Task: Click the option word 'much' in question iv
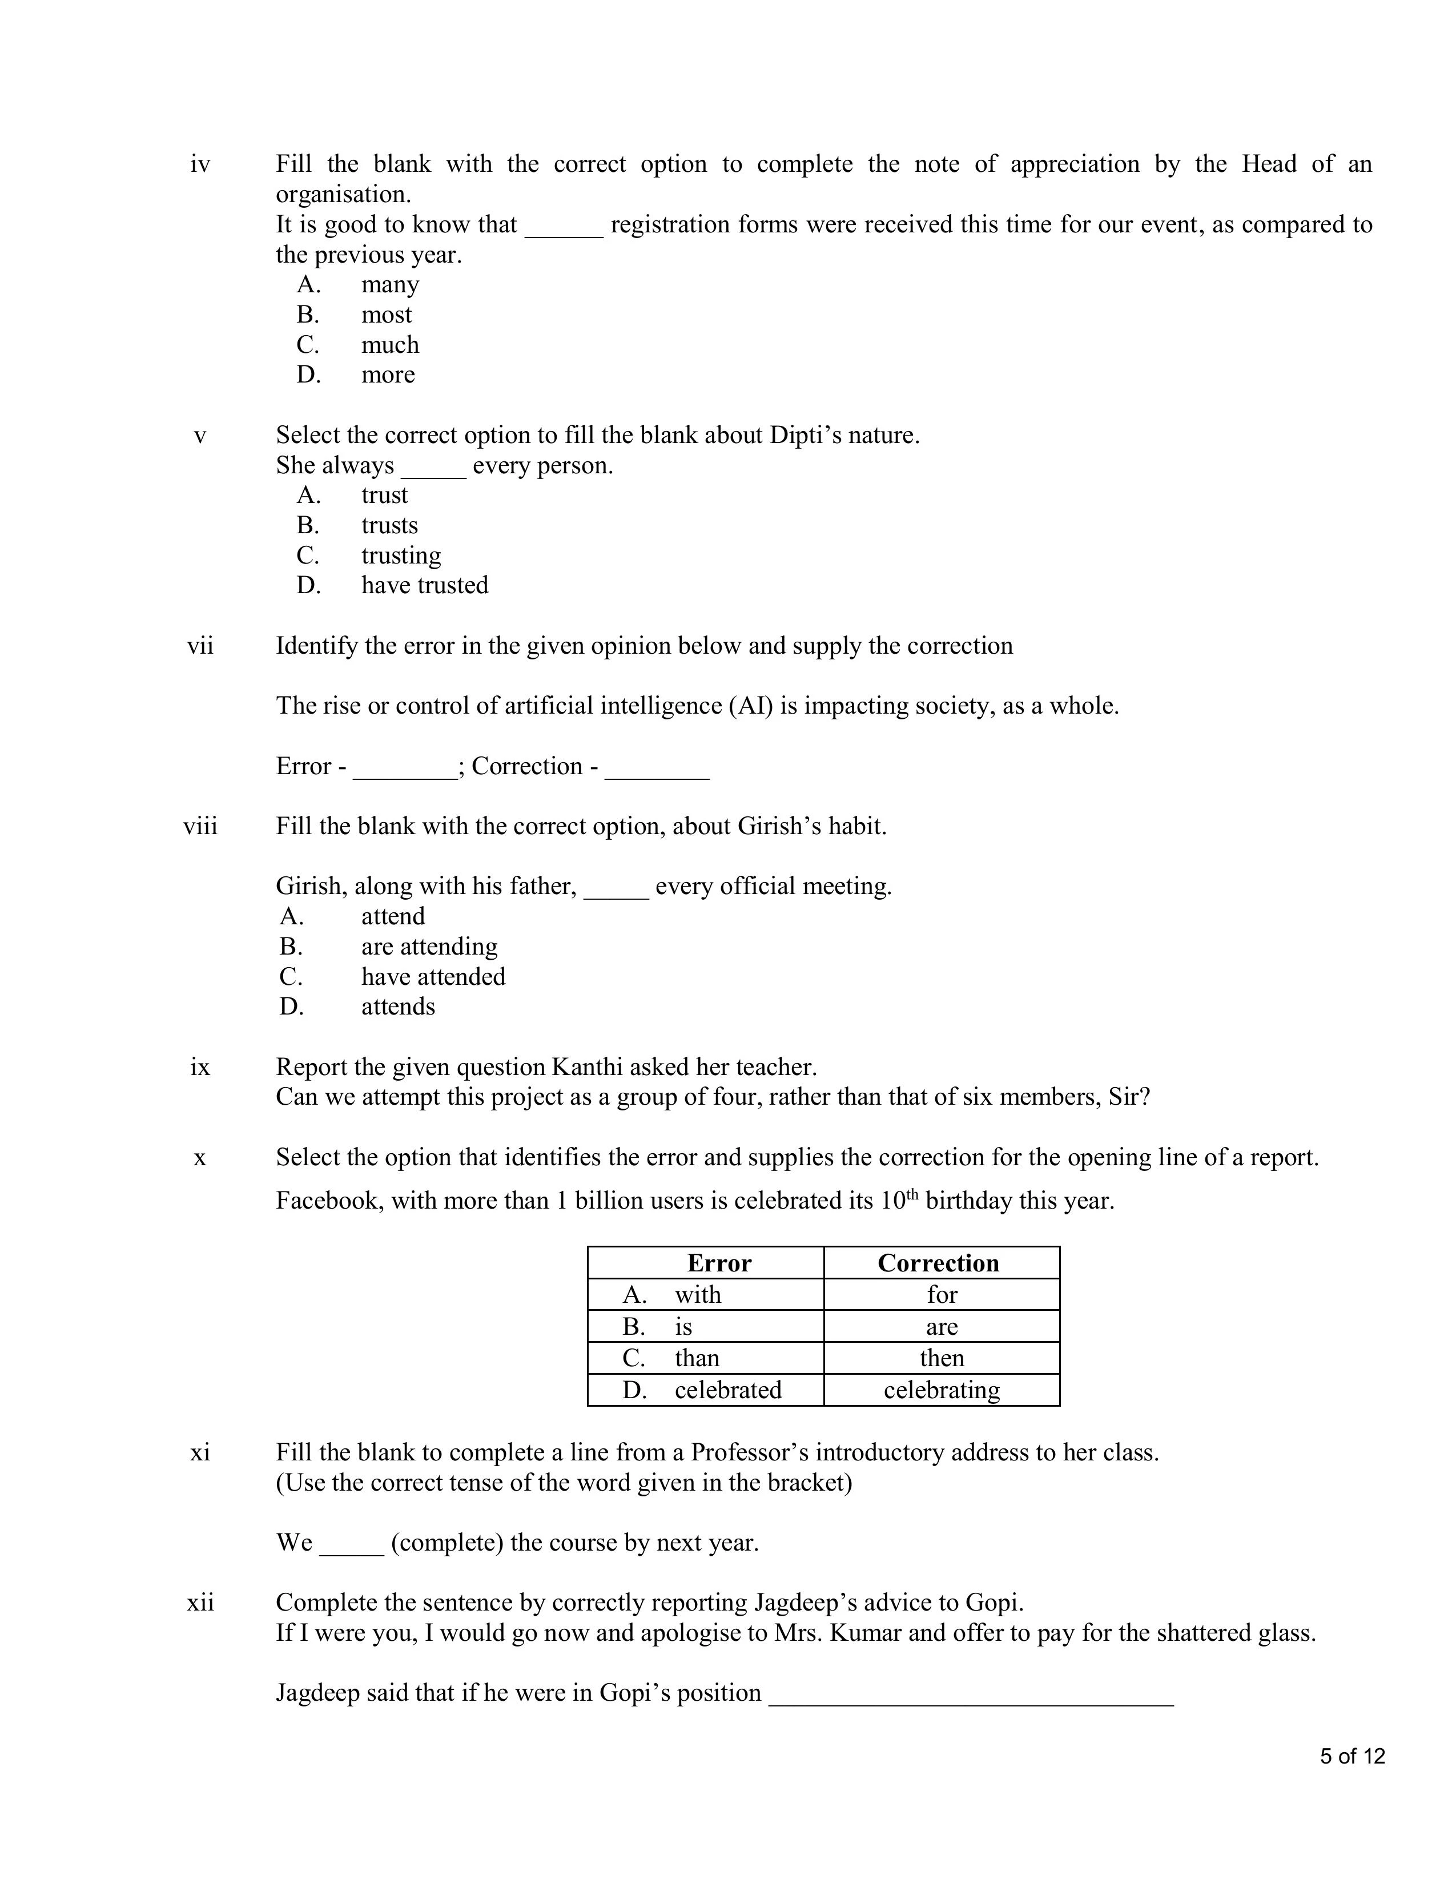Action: (x=390, y=344)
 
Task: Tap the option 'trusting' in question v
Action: (x=401, y=555)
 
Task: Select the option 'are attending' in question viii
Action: (x=429, y=947)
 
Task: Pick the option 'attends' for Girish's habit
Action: (x=397, y=1007)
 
